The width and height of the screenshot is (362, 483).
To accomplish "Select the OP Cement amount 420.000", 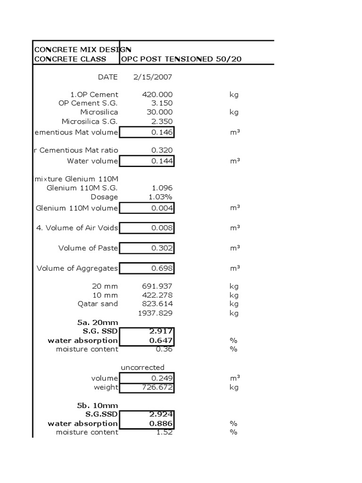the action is (157, 94).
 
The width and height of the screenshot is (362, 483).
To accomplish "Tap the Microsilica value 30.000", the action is (160, 112).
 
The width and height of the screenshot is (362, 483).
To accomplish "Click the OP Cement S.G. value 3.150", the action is (162, 103).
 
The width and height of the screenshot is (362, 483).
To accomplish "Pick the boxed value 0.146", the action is (162, 133).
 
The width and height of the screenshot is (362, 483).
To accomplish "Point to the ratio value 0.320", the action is (162, 150).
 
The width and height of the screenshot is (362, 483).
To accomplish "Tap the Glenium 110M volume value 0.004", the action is (162, 208).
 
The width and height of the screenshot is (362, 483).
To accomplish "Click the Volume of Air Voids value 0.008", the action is (162, 228).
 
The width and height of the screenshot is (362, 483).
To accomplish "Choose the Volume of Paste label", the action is (88, 248).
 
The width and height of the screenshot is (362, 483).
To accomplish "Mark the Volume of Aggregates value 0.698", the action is (162, 268).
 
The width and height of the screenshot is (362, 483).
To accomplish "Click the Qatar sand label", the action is (98, 304).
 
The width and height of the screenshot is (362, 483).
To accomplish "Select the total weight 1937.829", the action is (155, 313).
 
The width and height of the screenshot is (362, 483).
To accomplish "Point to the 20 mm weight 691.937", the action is (157, 286).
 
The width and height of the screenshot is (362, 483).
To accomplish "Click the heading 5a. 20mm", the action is (98, 322).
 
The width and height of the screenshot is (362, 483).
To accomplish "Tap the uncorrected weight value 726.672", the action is (157, 387).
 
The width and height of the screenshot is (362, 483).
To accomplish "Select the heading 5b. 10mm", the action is (98, 405).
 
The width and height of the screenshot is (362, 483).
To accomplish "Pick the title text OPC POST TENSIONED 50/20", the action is (182, 59).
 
